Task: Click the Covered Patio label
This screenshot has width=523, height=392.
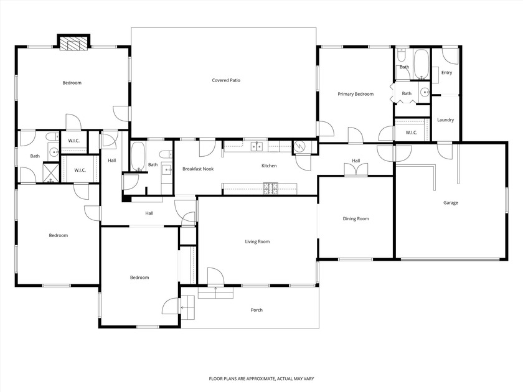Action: [x=225, y=80]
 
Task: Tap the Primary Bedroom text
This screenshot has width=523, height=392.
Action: [x=356, y=94]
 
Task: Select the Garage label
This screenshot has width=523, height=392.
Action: [x=450, y=203]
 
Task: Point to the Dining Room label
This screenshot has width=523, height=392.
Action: [x=356, y=218]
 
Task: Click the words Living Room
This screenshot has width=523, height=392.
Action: [x=257, y=241]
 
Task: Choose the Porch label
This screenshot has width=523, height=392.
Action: [x=257, y=310]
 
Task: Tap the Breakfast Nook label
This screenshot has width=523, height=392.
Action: [x=198, y=169]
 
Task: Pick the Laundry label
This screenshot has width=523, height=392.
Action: [x=445, y=120]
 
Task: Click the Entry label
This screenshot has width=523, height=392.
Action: [x=446, y=73]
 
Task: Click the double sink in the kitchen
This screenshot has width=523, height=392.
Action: [x=256, y=147]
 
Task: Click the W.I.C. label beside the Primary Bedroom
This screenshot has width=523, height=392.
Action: [x=411, y=132]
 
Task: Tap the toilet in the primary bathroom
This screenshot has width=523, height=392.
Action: [x=402, y=52]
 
